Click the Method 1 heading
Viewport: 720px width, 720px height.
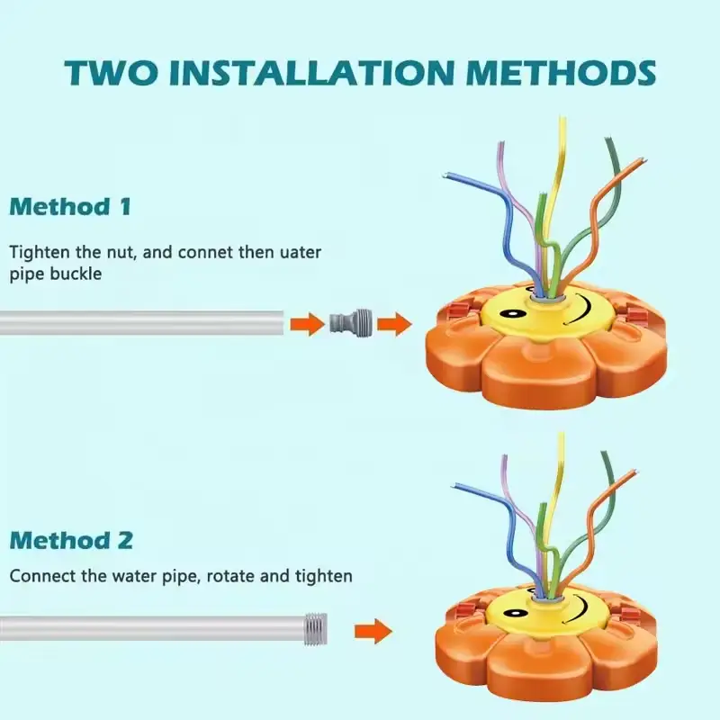point(71,207)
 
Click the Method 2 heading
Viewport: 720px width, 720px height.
point(72,540)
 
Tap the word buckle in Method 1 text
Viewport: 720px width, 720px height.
point(76,274)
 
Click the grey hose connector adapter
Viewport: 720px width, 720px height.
point(351,323)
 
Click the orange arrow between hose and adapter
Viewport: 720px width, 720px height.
point(307,324)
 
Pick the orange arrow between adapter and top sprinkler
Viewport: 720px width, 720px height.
point(394,324)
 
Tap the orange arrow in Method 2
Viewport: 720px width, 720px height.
point(373,632)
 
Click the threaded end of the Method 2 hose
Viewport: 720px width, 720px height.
point(316,629)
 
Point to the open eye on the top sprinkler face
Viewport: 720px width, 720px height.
point(510,314)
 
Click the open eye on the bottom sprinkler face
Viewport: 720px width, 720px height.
point(515,613)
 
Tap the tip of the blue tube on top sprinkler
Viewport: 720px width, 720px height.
point(445,175)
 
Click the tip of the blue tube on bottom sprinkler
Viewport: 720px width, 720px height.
point(454,486)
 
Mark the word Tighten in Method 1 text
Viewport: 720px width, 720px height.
point(39,253)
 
